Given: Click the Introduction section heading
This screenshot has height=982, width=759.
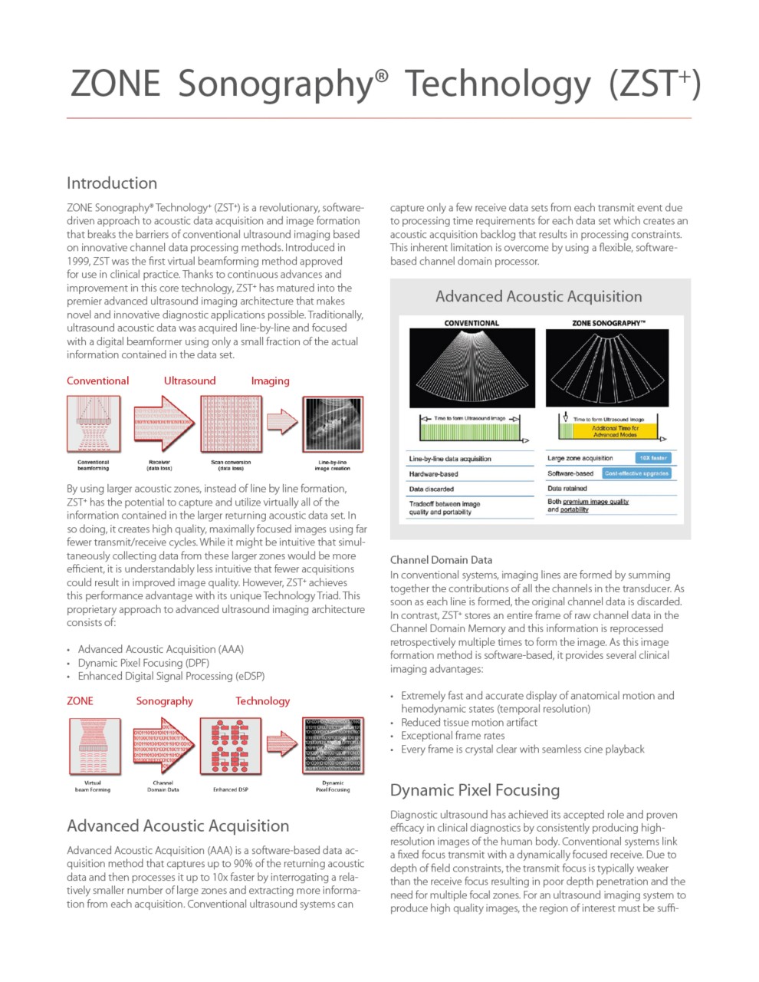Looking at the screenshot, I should point(112,183).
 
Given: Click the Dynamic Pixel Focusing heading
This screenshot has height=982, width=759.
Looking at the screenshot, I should point(475,790).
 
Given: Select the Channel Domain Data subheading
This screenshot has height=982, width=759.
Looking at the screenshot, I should point(441,560).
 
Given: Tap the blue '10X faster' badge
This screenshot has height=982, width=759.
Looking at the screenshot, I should point(653,458).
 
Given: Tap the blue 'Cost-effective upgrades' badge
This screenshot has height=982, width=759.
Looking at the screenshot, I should point(636,473).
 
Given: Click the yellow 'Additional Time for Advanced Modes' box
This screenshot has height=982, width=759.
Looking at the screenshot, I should point(615,431).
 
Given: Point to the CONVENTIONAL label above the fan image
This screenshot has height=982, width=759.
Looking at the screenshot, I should point(472,323).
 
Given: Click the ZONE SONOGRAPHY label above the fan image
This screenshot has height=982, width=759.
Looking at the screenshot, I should point(608,323).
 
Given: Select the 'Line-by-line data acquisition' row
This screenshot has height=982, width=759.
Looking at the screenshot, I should point(450,459).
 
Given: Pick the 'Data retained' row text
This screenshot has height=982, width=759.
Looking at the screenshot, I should point(567,488).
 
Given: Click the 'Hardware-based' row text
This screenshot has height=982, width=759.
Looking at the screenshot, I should point(433,474).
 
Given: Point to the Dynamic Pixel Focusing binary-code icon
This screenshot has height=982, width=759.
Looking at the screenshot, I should point(333,746).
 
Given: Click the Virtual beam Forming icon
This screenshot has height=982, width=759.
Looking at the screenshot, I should point(94,746).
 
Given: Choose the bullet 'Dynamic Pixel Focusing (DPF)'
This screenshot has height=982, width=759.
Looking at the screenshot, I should point(143,663).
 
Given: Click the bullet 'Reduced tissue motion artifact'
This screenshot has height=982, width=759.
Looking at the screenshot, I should point(468,723).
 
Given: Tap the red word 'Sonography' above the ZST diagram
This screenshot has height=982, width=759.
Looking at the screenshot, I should point(164,701).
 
